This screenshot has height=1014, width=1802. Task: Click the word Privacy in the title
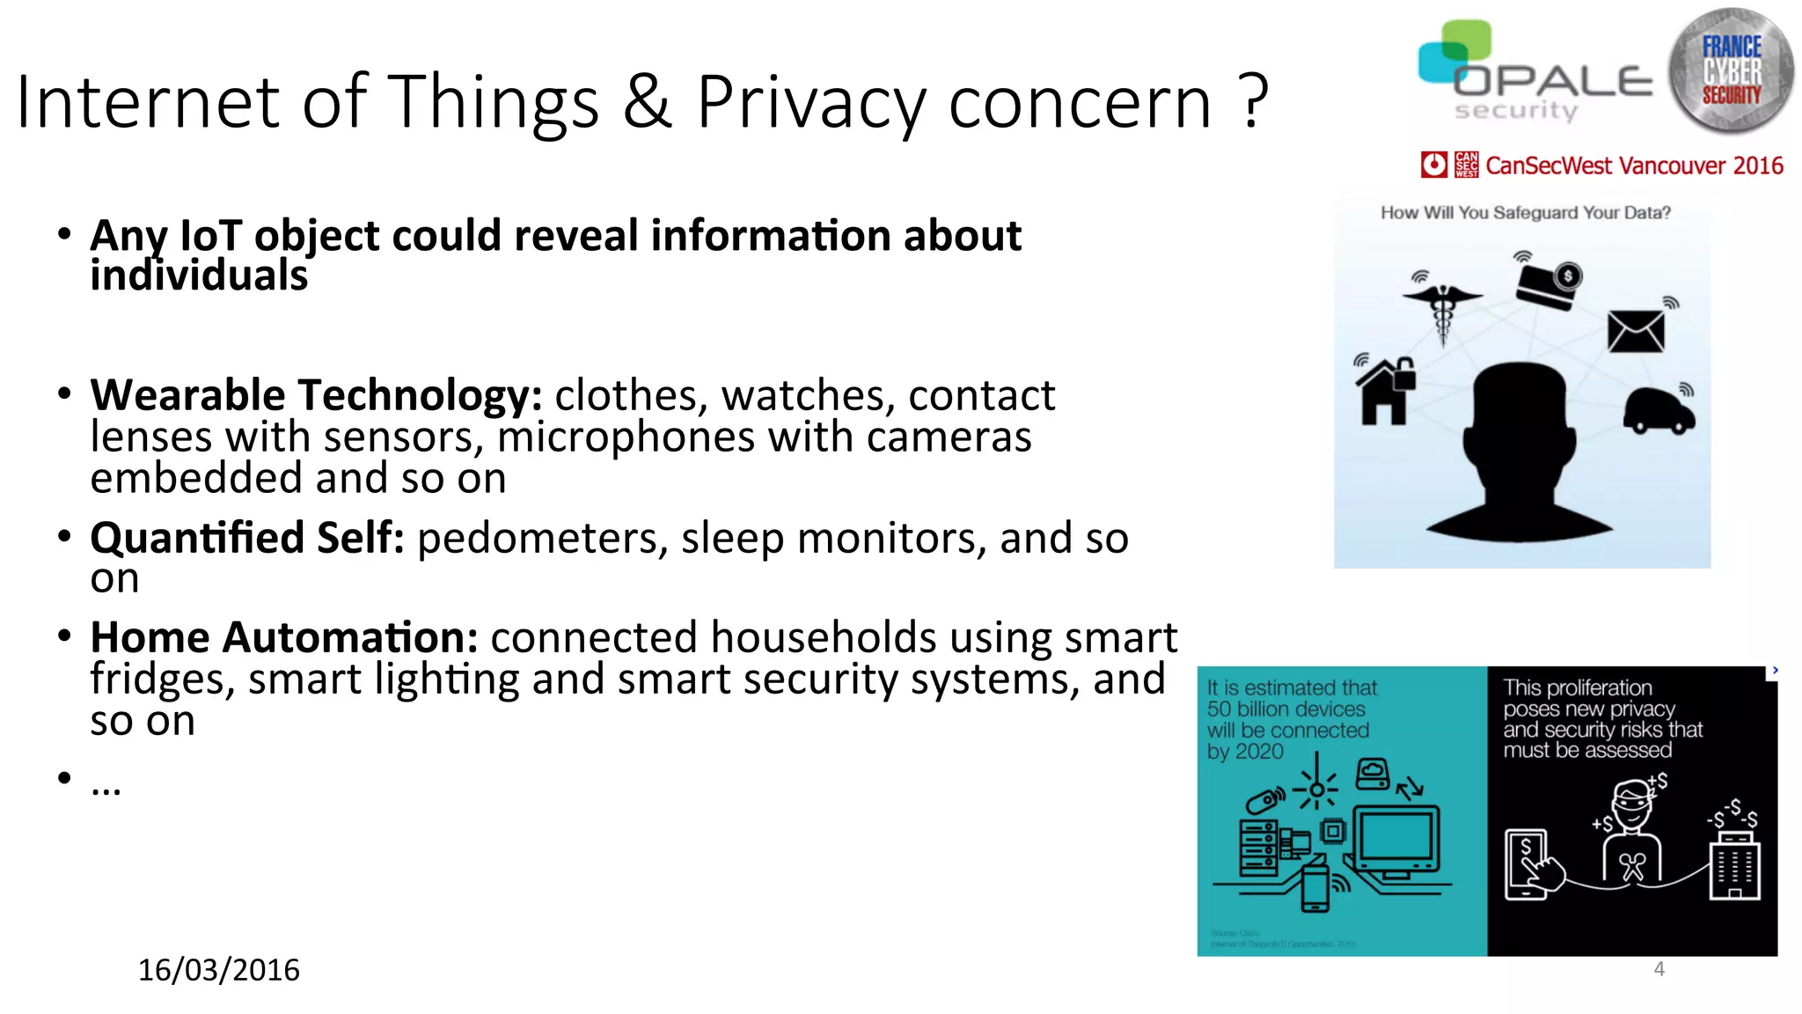click(x=809, y=104)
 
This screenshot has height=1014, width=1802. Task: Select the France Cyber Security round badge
click(x=1731, y=70)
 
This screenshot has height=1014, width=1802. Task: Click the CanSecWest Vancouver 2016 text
click(x=1633, y=165)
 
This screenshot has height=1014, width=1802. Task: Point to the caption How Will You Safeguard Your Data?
click(x=1525, y=213)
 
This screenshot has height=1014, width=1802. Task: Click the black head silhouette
click(x=1520, y=449)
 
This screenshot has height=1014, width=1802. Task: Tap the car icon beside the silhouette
click(x=1658, y=410)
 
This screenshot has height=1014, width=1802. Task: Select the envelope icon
click(x=1636, y=332)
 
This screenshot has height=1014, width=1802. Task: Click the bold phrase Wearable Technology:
click(x=316, y=395)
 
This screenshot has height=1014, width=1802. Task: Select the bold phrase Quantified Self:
click(x=247, y=538)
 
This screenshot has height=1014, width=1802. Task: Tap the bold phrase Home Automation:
click(x=284, y=637)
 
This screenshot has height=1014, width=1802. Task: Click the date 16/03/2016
click(x=218, y=970)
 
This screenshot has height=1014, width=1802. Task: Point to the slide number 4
click(x=1659, y=969)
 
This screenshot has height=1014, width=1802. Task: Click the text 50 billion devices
click(x=1286, y=709)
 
